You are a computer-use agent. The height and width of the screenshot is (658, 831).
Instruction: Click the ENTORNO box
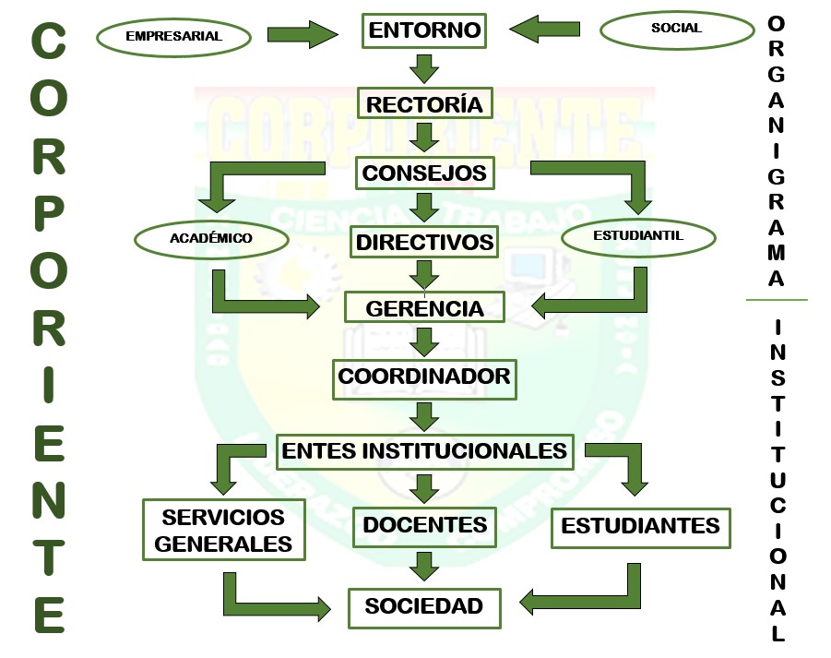[424, 30]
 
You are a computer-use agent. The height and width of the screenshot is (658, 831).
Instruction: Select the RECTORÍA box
[424, 104]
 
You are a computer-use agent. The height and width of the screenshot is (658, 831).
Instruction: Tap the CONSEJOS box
[424, 173]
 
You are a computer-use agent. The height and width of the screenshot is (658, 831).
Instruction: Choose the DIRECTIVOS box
[425, 243]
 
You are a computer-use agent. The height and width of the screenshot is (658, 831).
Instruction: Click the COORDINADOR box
[424, 377]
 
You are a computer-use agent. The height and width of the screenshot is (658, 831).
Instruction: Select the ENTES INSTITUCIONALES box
[424, 450]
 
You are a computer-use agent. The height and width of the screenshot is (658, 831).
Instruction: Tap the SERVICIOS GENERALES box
[223, 529]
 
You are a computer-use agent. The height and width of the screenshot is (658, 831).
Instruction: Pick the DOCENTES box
[424, 525]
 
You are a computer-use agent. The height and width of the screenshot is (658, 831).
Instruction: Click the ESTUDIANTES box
[640, 526]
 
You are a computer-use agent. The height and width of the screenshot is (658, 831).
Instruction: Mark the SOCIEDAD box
[424, 606]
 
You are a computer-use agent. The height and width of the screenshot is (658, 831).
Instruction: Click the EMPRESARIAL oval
[174, 37]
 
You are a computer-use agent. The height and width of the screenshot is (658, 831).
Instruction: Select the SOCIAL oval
[676, 29]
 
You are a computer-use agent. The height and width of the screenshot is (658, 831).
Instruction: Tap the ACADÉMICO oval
[211, 238]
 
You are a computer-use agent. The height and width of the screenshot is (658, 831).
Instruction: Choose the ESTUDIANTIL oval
[638, 236]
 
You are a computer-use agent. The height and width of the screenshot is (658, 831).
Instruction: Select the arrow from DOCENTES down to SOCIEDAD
[424, 565]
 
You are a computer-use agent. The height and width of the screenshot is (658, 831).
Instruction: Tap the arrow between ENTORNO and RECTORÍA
[424, 67]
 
